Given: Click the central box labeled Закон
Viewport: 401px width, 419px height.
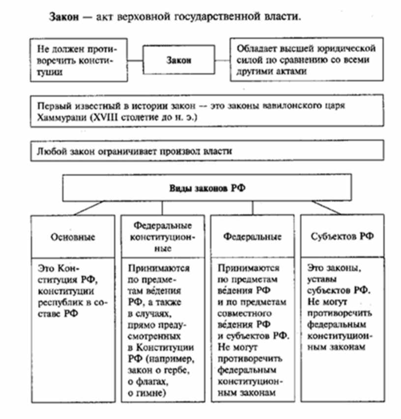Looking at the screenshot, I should click(178, 60).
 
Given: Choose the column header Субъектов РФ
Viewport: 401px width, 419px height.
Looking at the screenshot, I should click(342, 237).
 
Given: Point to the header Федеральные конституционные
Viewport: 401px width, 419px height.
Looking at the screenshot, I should click(163, 237).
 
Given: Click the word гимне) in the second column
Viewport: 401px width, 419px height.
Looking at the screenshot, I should click(147, 393).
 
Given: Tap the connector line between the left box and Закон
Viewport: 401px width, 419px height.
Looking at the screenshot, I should click(134, 60).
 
